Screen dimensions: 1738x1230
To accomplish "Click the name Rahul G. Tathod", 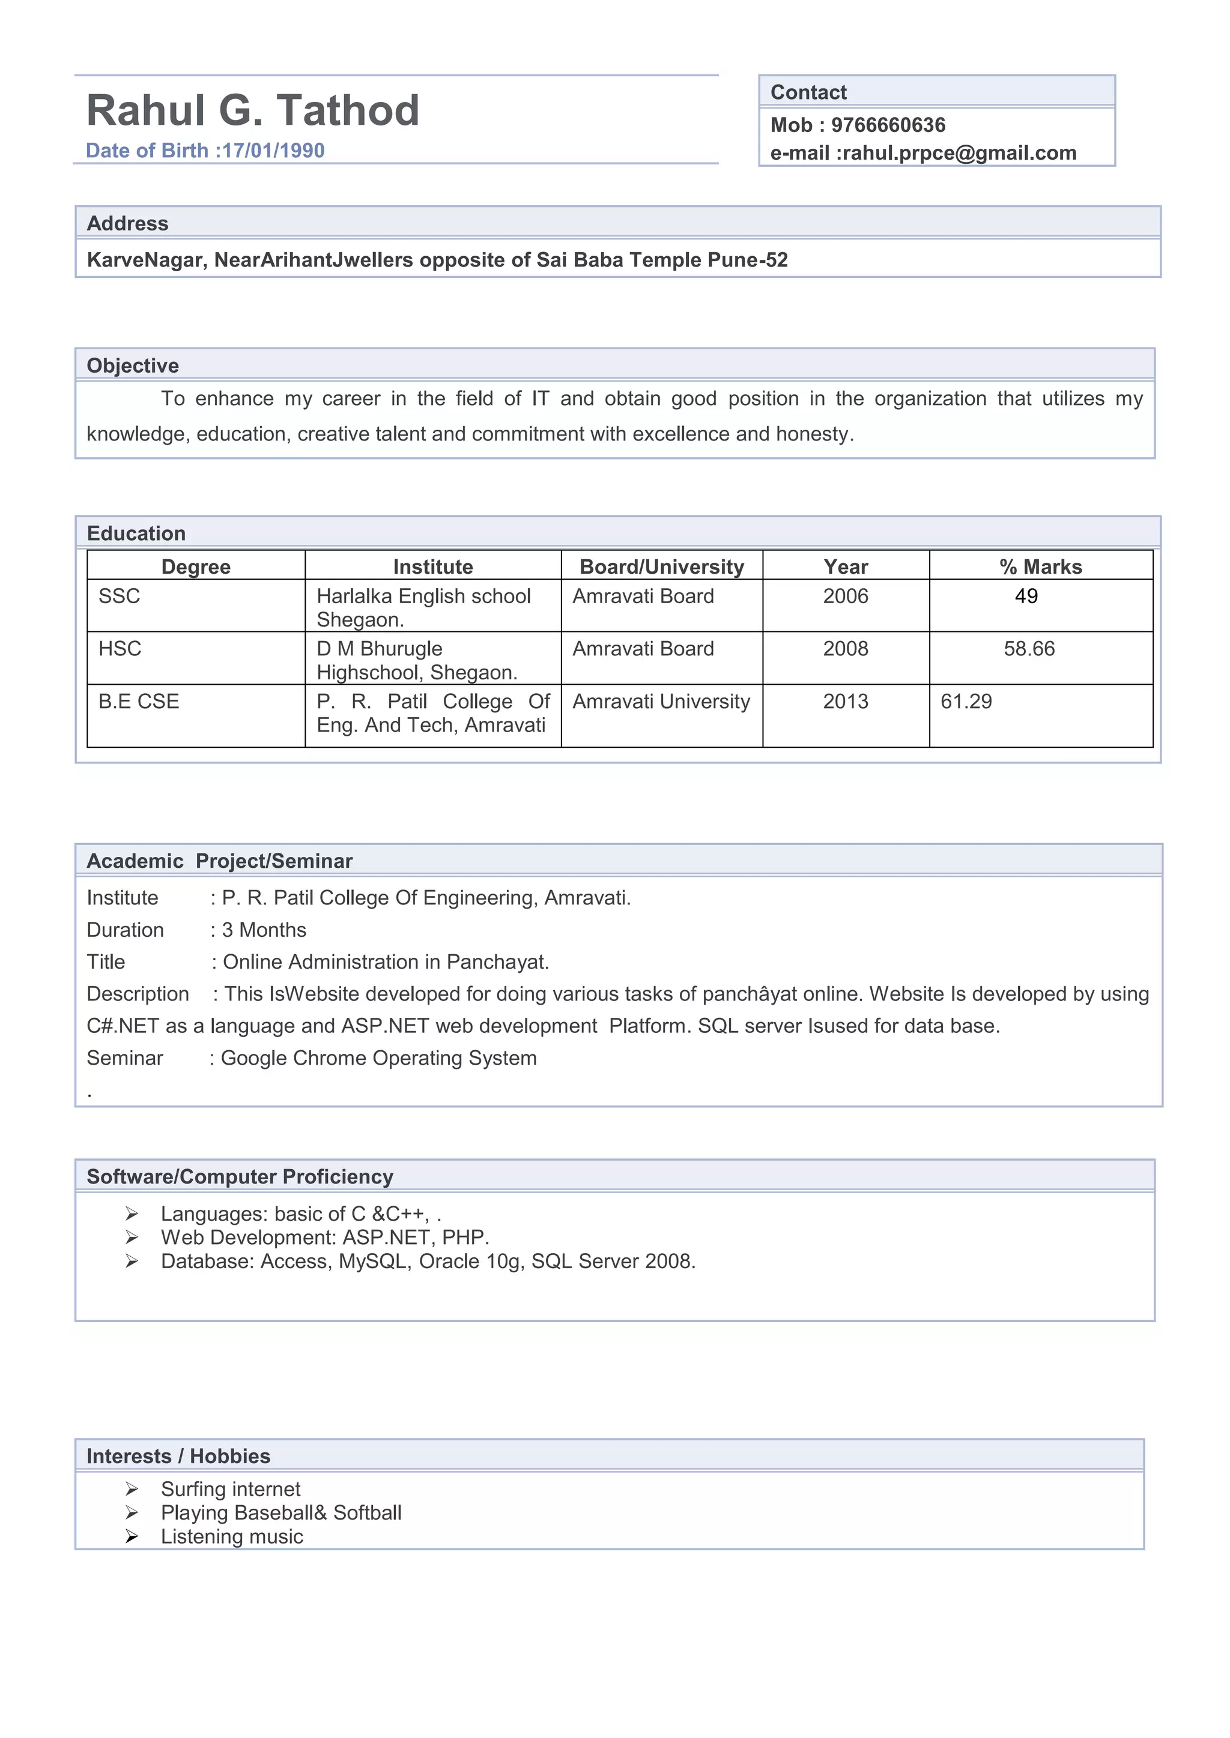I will coord(252,110).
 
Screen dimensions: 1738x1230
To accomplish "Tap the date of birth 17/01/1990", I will coord(273,151).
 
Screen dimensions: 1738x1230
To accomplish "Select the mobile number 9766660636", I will coord(888,125).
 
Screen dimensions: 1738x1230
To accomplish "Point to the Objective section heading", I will coord(133,365).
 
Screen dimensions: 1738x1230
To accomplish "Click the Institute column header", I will coord(432,567).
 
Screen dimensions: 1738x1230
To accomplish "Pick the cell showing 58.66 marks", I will coord(1029,649).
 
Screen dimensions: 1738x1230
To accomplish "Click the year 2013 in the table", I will coord(845,702).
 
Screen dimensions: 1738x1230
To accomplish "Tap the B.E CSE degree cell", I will coord(139,702).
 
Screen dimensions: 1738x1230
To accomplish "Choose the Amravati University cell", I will coord(661,702).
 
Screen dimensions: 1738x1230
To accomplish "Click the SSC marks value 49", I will coord(1026,597).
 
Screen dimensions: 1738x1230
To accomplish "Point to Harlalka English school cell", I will coord(423,597).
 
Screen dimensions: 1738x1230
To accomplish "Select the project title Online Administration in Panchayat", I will coord(386,962).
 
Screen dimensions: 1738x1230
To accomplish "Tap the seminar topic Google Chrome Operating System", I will coord(379,1058).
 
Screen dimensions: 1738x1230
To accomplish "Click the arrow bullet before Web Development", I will coord(132,1237).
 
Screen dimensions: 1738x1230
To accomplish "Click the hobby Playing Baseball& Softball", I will coord(281,1513).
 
